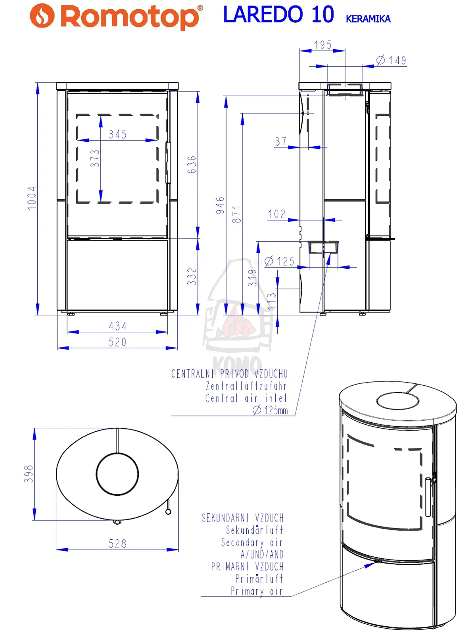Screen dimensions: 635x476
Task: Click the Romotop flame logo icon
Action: [42, 16]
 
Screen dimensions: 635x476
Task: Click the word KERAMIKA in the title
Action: [368, 19]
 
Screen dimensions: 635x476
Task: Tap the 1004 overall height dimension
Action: [32, 198]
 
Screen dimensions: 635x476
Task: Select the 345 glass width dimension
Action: [118, 135]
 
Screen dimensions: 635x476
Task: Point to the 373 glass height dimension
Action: [95, 158]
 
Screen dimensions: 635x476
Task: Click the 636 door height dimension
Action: [192, 164]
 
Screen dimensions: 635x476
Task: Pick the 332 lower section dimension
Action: [192, 276]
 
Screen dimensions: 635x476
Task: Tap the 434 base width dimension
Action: [118, 326]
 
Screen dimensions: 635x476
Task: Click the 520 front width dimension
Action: [118, 342]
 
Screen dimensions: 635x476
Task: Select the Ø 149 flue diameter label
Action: [392, 60]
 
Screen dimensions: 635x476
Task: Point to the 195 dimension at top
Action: [323, 45]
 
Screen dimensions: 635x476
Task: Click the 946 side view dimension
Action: [220, 205]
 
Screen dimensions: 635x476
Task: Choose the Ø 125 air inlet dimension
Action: [280, 261]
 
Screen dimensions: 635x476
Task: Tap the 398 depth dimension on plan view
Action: [29, 474]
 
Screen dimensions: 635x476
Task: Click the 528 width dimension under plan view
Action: [118, 544]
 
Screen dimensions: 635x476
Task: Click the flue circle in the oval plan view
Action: [117, 474]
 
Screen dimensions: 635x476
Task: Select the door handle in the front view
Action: [168, 163]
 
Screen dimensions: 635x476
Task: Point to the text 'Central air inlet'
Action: [246, 398]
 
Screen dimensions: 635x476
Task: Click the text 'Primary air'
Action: [257, 591]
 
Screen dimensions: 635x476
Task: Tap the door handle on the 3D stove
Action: [428, 496]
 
